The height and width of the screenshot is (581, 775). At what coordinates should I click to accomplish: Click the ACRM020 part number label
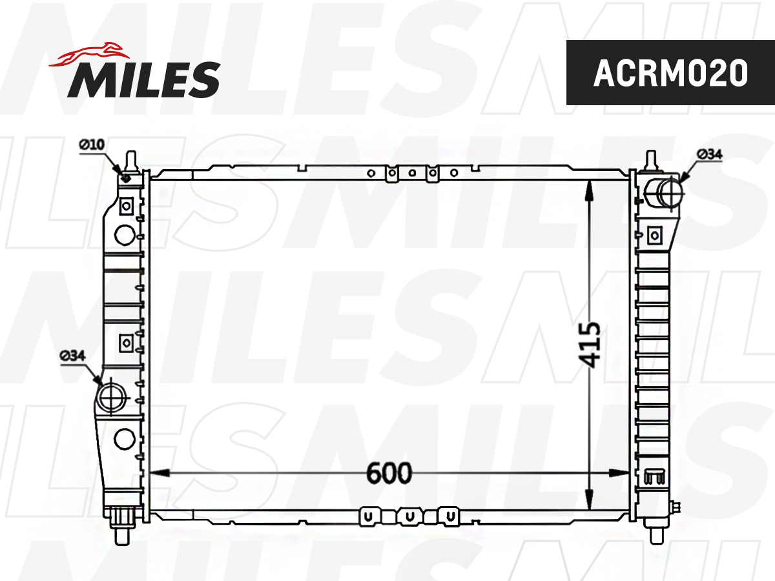[x=670, y=73]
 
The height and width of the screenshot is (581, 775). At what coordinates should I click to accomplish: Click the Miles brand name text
[x=144, y=79]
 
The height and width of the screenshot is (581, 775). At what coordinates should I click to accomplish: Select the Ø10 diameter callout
[x=92, y=145]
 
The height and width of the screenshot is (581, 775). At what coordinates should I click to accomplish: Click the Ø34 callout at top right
[x=710, y=154]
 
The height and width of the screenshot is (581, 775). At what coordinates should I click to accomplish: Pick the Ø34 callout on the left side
[x=73, y=356]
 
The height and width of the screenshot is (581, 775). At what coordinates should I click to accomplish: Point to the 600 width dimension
[x=389, y=473]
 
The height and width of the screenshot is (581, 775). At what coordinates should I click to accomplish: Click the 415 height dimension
[x=589, y=345]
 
